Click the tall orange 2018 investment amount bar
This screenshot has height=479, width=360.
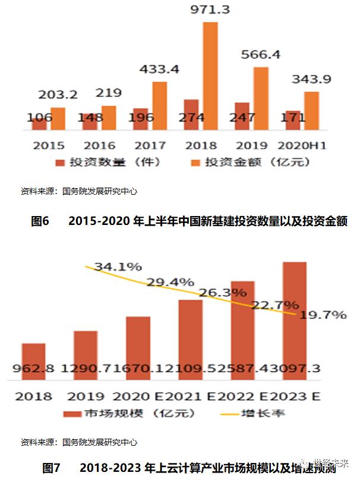pos(210,74)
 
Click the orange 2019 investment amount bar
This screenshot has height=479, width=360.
pos(260,99)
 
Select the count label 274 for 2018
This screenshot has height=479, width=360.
pos(191,118)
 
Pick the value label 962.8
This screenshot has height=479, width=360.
pos(34,369)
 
